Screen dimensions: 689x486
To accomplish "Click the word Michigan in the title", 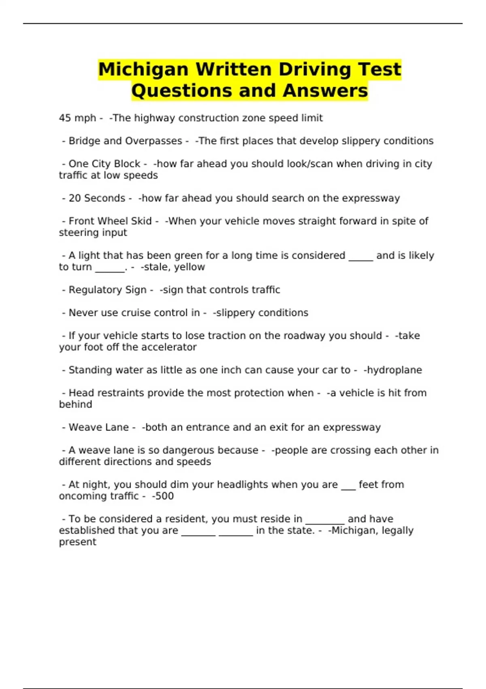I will (143, 69).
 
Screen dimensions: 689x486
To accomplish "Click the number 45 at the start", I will (65, 118).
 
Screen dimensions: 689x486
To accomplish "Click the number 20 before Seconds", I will (75, 198).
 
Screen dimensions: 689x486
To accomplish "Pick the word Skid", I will (142, 221).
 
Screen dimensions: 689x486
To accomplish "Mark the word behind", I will (75, 404).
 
